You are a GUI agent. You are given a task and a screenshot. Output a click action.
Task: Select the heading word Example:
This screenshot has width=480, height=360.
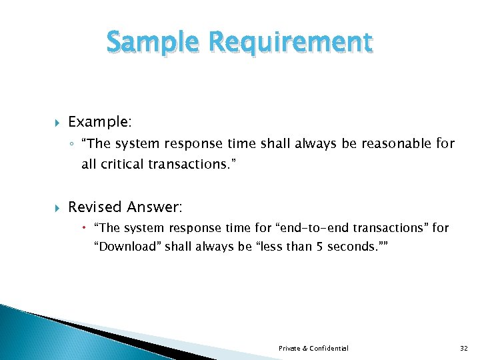point(99,122)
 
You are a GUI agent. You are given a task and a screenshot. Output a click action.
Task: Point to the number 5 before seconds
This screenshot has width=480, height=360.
point(319,247)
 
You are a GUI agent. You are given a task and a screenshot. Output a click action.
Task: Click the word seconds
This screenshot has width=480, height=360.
point(351,247)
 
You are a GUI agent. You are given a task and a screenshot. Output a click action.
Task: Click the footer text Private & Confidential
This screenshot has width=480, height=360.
point(313,348)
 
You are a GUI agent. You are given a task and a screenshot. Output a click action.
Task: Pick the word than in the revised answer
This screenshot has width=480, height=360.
point(299,247)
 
